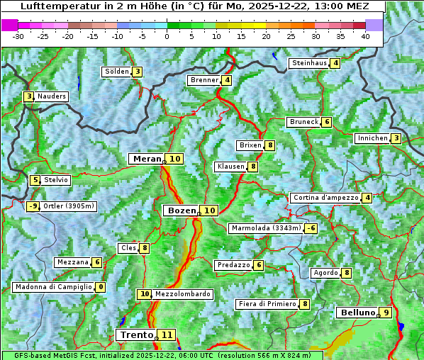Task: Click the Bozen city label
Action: coord(180,210)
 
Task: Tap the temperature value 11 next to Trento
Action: coord(167,335)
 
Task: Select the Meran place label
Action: coord(147,159)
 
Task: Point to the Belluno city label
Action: coord(356,313)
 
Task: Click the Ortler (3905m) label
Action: coord(68,206)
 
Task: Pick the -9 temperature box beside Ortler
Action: coord(33,206)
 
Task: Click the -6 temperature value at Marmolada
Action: coord(311,228)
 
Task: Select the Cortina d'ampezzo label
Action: coord(325,198)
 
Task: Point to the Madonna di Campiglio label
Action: coord(53,287)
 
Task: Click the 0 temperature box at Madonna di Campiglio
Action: coord(101,287)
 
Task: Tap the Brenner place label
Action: coord(204,80)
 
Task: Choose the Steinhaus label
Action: coord(309,63)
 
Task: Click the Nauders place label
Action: coord(52,96)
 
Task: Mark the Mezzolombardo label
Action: coord(182,294)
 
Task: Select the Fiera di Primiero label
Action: coord(267,304)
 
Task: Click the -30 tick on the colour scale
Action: coord(19,36)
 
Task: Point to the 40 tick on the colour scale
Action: coord(365,36)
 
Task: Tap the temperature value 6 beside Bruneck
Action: coord(326,122)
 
